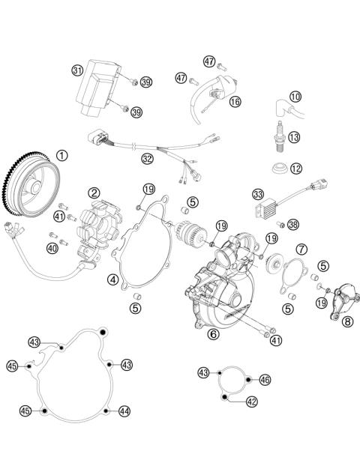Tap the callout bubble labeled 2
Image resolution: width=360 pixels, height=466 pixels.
click(x=94, y=193)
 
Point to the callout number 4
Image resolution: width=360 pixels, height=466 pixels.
click(x=113, y=279)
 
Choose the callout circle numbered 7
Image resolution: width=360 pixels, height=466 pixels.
click(x=301, y=249)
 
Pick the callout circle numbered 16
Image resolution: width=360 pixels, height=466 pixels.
click(x=235, y=101)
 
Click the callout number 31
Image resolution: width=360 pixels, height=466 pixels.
click(x=76, y=70)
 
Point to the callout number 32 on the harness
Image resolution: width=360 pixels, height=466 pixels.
click(x=147, y=158)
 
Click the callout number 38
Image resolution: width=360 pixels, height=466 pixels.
click(x=293, y=224)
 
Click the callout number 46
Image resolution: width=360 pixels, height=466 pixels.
click(x=265, y=381)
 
